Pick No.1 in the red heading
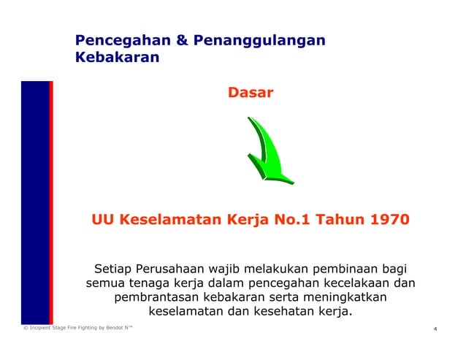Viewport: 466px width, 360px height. pos(280,219)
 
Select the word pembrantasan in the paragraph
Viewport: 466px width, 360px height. pos(158,298)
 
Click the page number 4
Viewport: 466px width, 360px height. pos(435,329)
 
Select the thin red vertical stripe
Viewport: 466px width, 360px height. pos(51,202)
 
